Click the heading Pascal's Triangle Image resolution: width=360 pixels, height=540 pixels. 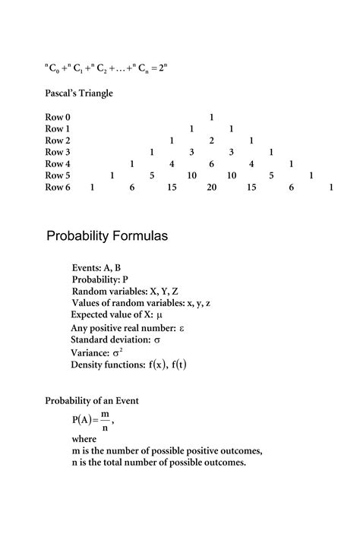point(79,93)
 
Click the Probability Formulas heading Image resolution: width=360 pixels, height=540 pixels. point(107,236)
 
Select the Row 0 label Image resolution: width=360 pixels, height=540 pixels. point(58,118)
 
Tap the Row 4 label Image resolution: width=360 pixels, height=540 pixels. point(58,163)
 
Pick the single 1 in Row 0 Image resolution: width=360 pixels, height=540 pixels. point(211,118)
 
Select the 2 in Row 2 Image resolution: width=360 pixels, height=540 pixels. point(211,141)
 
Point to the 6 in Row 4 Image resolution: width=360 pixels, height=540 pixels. point(211,163)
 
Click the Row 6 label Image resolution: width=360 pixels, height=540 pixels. point(58,186)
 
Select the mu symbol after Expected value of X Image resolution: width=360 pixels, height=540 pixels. point(159,314)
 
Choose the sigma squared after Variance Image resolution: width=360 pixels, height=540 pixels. point(118,352)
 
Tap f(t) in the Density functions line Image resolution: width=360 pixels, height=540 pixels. point(178,365)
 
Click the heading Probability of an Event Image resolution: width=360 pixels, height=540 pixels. point(92,400)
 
